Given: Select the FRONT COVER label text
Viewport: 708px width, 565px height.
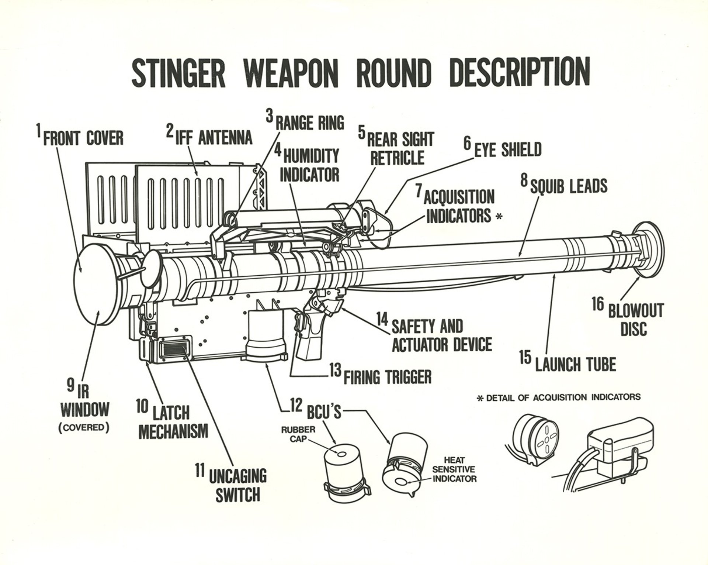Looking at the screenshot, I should pyautogui.click(x=83, y=138).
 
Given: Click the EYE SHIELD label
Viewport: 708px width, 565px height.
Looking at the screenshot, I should pyautogui.click(x=507, y=149).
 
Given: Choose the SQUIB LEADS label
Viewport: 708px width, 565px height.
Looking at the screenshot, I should pyautogui.click(x=568, y=186).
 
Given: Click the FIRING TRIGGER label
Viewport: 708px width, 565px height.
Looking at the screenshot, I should pyautogui.click(x=387, y=377).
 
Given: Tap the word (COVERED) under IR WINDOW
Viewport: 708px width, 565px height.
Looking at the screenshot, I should pyautogui.click(x=84, y=428).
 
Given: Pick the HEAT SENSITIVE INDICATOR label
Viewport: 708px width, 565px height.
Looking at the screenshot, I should pyautogui.click(x=454, y=469).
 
